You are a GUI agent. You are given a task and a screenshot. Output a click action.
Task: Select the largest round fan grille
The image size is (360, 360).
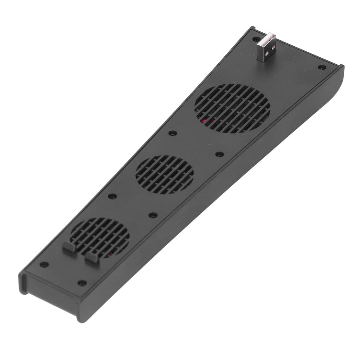(x=232, y=108)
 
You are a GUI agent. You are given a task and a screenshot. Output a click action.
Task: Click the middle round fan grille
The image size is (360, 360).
(x=165, y=175)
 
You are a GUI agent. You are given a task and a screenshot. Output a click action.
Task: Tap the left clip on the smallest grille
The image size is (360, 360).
(x=69, y=247)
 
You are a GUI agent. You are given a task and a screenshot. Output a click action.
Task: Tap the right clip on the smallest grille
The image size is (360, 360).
(x=92, y=257)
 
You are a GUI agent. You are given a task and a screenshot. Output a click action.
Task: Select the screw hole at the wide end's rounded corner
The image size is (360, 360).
(x=321, y=67)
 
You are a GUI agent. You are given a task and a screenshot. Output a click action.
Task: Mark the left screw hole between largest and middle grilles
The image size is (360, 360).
(x=172, y=133)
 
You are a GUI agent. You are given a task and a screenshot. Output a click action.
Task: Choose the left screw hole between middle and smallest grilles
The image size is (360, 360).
(x=112, y=196)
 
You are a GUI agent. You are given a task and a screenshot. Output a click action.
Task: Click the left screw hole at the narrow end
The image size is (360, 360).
(x=44, y=264)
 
